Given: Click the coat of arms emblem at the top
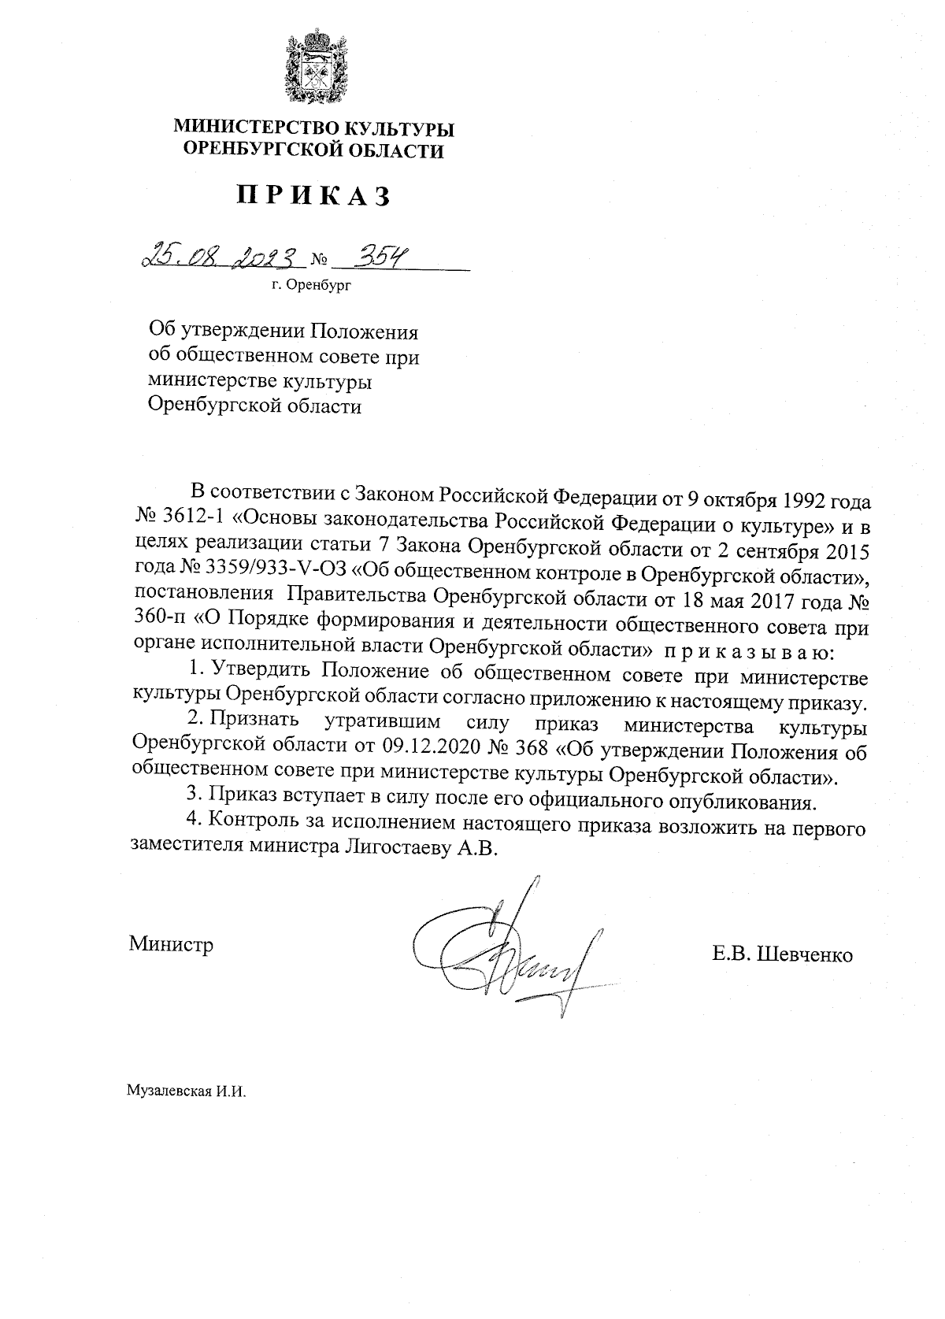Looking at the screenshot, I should pos(314,69).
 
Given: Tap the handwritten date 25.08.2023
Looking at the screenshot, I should pos(222,256).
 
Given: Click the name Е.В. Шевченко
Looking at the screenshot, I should pos(782,954).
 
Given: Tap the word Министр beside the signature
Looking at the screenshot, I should pos(172,943).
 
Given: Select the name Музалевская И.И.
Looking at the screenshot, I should pos(187,1092).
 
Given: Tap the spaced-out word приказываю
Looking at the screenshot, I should pos(744,653).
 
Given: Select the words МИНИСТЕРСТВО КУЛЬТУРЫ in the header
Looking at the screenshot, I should pos(314,128).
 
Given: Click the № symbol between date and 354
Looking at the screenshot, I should pos(319,259).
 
